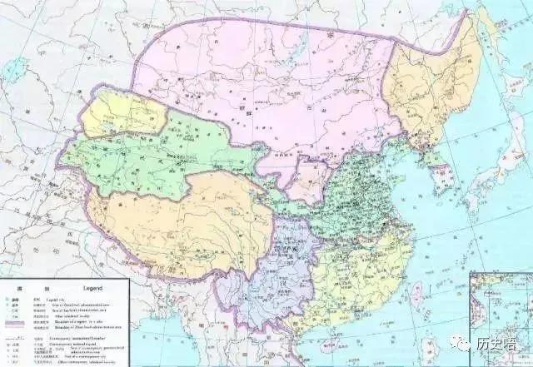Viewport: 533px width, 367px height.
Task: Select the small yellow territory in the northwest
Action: tap(117, 112)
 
